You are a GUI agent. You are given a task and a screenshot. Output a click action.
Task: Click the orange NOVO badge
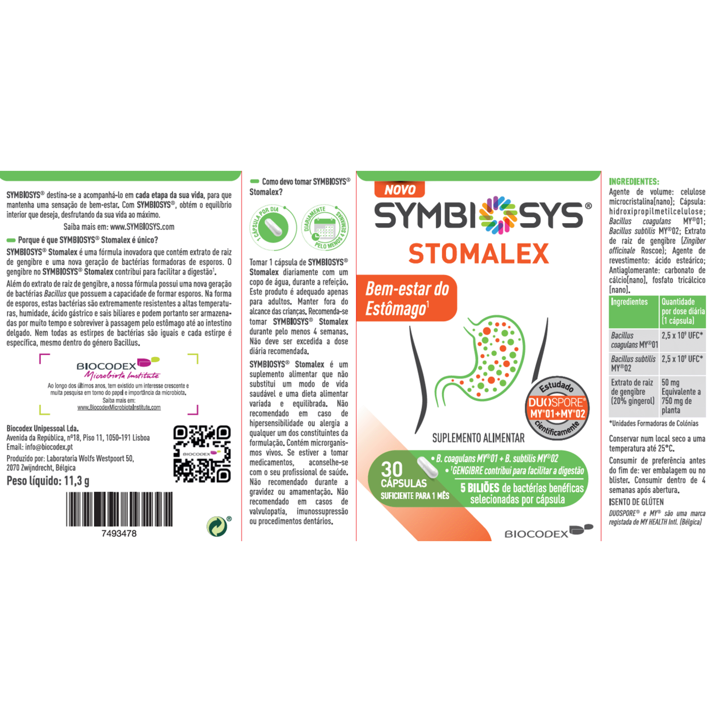point(399,189)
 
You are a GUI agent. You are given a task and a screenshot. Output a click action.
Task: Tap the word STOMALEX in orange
point(478,254)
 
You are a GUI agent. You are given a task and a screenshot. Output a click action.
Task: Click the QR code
point(202,454)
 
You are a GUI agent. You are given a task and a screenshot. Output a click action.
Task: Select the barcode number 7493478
point(119,534)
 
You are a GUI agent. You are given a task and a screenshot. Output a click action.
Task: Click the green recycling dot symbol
point(217,526)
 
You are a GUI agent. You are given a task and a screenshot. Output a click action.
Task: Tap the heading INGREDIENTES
point(634,181)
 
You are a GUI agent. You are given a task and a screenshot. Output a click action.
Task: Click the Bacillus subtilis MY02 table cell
point(634,363)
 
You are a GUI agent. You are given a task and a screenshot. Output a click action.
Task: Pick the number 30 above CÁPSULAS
point(392,470)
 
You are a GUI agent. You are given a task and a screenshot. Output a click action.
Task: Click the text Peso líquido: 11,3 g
point(48,481)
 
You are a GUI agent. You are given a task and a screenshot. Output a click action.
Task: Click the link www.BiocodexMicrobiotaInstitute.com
point(119,407)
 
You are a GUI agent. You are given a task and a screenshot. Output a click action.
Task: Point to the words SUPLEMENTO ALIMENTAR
point(478,438)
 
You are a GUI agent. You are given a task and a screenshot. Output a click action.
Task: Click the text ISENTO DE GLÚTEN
point(636,502)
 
